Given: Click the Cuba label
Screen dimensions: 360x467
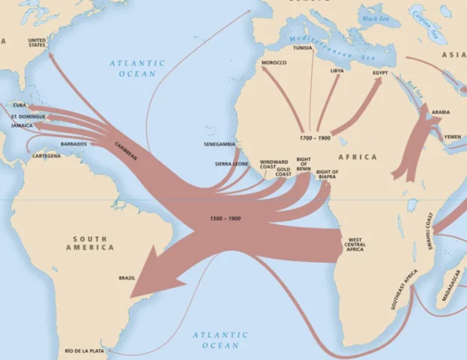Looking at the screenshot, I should [20, 106].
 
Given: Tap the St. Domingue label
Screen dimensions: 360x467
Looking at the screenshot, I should [28, 117].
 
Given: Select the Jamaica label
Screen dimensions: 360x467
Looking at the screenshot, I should [22, 125].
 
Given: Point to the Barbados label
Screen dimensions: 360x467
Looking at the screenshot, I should [73, 143].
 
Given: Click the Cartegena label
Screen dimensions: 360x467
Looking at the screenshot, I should [46, 156].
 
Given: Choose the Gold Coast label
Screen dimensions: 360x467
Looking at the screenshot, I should [283, 172].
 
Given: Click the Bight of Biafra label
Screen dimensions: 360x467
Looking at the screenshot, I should [327, 175].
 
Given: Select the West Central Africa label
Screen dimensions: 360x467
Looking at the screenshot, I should [355, 244].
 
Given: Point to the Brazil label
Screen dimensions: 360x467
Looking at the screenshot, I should [127, 277].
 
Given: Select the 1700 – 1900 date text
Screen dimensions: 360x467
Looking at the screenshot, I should [315, 138].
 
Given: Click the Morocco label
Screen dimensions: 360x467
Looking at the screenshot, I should [274, 62].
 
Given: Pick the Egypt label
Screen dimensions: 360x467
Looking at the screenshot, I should [381, 73].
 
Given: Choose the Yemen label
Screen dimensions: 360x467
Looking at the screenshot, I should [453, 137].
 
